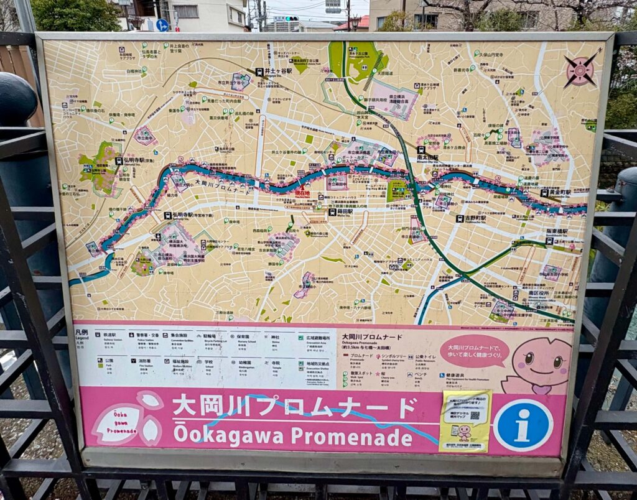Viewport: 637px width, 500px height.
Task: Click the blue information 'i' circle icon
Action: (523, 425)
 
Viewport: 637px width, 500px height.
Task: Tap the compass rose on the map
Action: (580, 70)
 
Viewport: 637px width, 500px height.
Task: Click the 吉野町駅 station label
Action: (471, 218)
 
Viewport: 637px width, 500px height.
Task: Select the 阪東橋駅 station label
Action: (557, 231)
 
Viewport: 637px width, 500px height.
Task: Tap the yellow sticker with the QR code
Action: (465, 420)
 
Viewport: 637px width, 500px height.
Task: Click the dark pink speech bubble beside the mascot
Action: (474, 350)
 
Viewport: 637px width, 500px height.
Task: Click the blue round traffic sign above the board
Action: (162, 25)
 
